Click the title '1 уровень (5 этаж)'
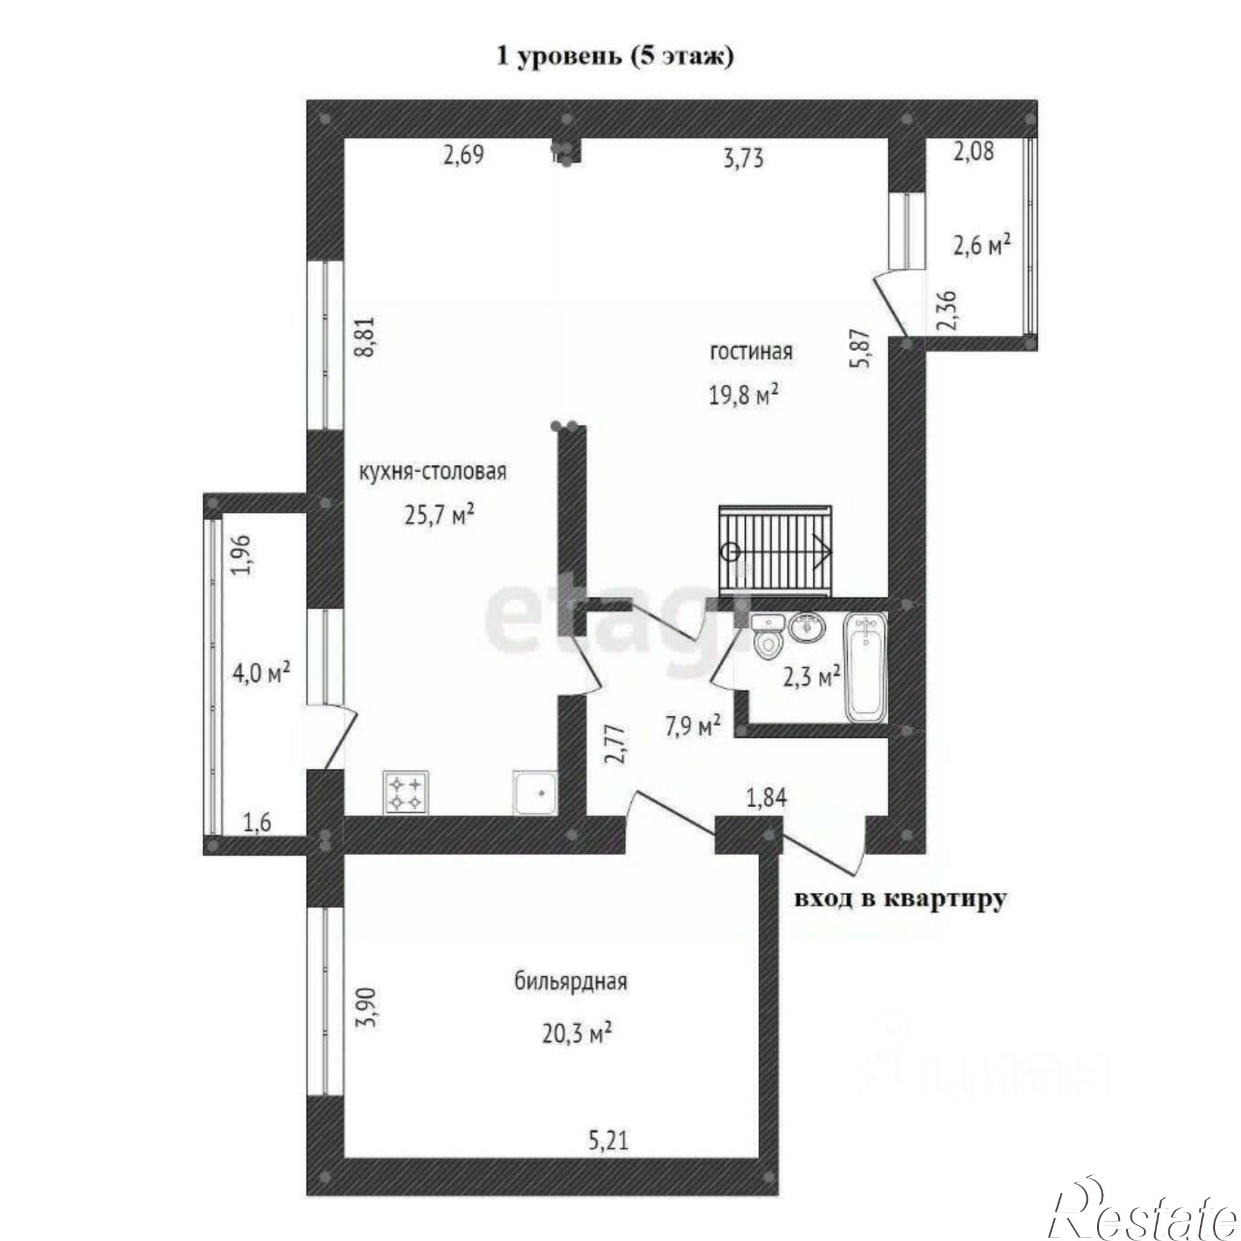(x=615, y=57)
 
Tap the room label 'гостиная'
(x=751, y=352)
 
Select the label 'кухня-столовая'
(x=432, y=472)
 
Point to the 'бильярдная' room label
(x=570, y=982)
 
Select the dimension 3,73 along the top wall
(x=744, y=158)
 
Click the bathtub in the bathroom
(x=866, y=667)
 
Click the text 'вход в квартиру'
(x=900, y=900)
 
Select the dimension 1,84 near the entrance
(x=766, y=799)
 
